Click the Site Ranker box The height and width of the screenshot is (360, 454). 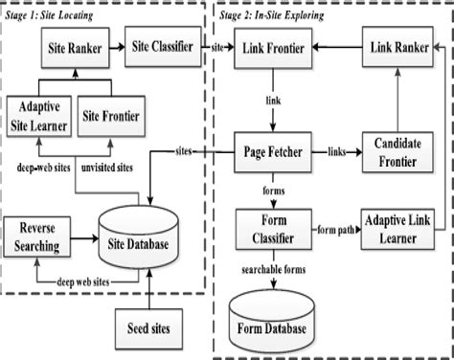(x=72, y=44)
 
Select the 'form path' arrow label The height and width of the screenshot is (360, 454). (x=337, y=227)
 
